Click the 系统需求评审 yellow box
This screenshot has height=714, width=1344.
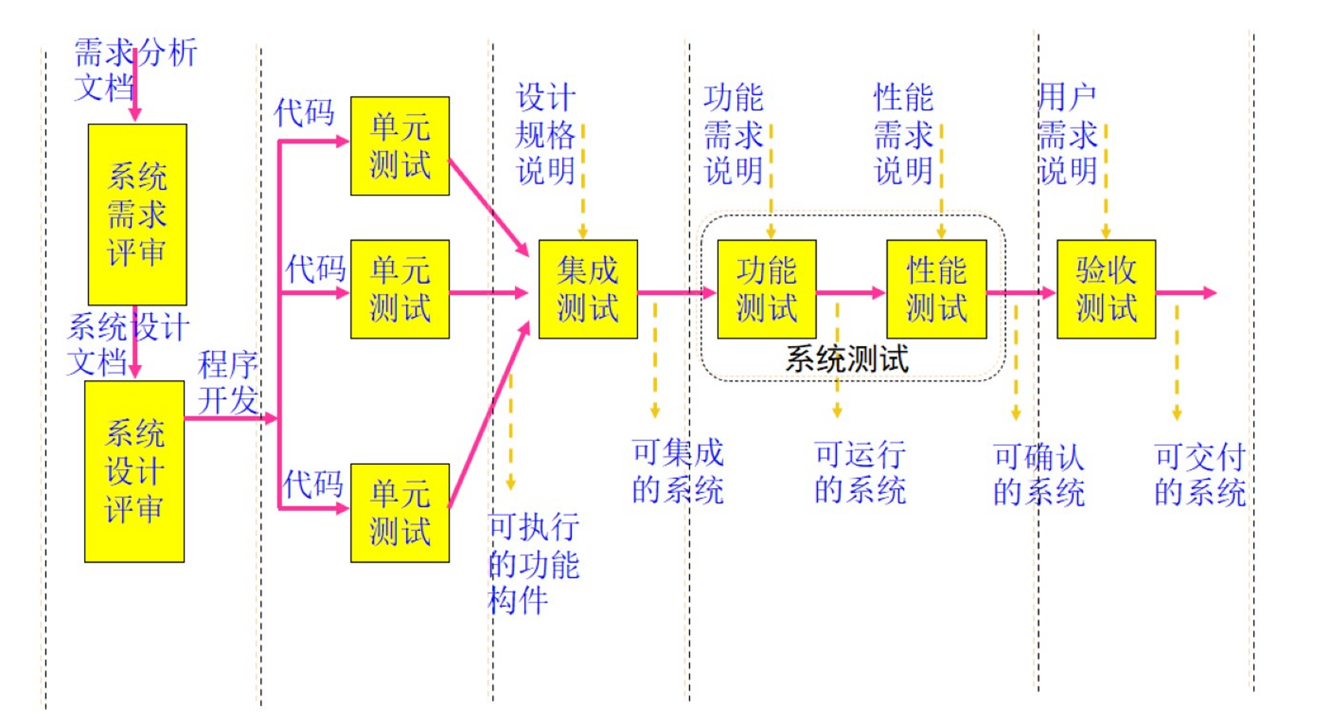pyautogui.click(x=137, y=214)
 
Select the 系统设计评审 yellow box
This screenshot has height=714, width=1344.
pyautogui.click(x=134, y=471)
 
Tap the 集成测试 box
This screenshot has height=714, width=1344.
pyautogui.click(x=588, y=289)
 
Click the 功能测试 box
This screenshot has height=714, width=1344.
pyautogui.click(x=767, y=289)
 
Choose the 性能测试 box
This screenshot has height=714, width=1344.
pyautogui.click(x=936, y=289)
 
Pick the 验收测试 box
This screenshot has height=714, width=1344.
pyautogui.click(x=1106, y=289)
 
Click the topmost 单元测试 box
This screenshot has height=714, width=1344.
pyautogui.click(x=400, y=146)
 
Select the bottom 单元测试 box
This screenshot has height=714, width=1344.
pyautogui.click(x=400, y=513)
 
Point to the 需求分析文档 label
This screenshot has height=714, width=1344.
pyautogui.click(x=135, y=69)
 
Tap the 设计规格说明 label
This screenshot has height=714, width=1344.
pyautogui.click(x=545, y=134)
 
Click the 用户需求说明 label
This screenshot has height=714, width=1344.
pyautogui.click(x=1067, y=134)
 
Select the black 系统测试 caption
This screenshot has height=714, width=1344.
pyautogui.click(x=847, y=359)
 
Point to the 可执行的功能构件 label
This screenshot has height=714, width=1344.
pyautogui.click(x=533, y=564)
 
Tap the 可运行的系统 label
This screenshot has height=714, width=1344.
pyautogui.click(x=859, y=472)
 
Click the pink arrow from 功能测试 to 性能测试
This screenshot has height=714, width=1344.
pyautogui.click(x=851, y=293)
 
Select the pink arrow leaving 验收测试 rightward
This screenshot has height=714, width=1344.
pyautogui.click(x=1185, y=293)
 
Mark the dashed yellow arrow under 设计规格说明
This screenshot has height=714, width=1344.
pyautogui.click(x=583, y=181)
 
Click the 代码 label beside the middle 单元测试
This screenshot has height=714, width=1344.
pyautogui.click(x=315, y=269)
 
